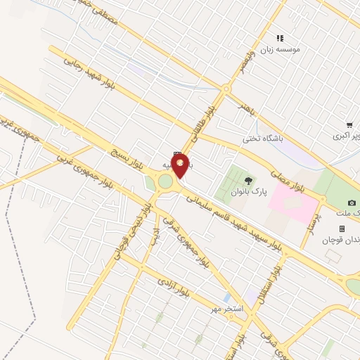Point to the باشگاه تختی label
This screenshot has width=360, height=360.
click(262, 139)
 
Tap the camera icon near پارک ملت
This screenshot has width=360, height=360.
click(352, 202)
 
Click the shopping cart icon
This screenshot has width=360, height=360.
click(349, 124)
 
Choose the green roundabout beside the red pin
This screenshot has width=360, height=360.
click(165, 182)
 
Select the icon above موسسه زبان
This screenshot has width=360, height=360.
click(280, 38)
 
